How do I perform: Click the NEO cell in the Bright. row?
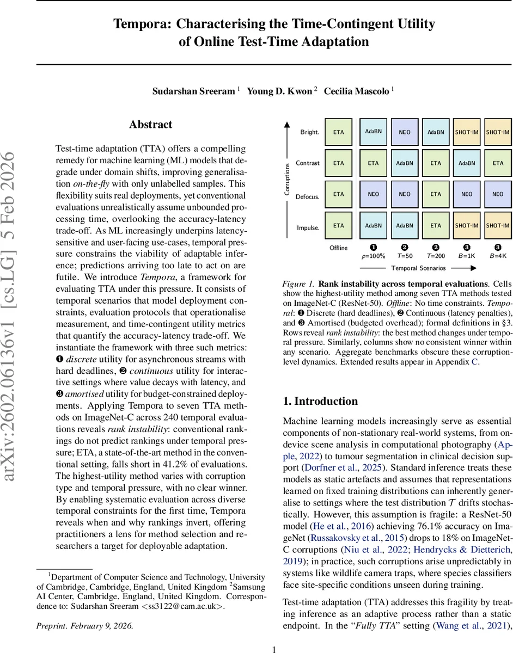pos(405,132)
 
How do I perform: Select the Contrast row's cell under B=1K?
pos(467,163)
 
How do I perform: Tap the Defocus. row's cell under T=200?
pos(436,194)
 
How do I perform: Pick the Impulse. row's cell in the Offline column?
pos(339,225)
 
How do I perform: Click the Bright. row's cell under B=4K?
pos(498,132)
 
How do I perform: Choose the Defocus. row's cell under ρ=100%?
pos(373,194)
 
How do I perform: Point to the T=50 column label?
pos(405,256)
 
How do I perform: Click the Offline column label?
pos(338,248)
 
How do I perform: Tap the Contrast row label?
pos(307,163)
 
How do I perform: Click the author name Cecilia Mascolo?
pos(357,91)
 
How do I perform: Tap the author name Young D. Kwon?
pos(279,91)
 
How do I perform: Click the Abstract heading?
pos(150,125)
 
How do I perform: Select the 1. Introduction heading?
pos(321,402)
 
